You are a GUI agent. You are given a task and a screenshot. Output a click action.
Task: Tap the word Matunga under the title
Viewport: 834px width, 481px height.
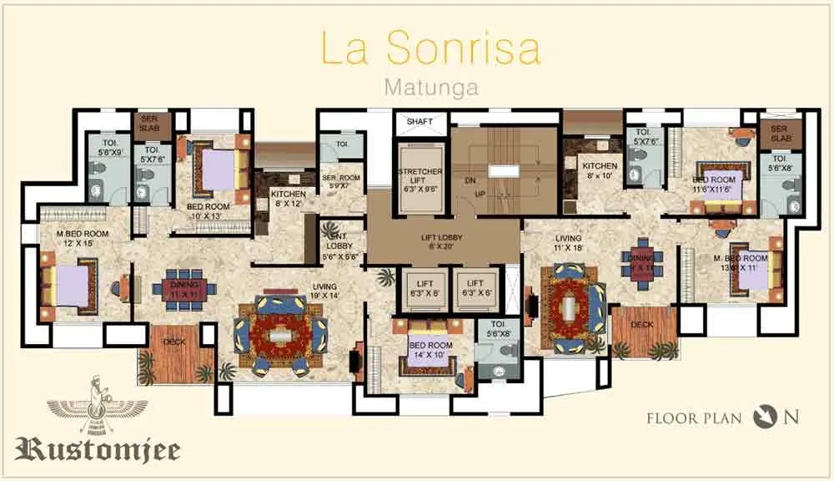pos(430,86)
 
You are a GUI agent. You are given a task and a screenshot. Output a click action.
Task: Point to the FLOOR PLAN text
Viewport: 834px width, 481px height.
pos(694,418)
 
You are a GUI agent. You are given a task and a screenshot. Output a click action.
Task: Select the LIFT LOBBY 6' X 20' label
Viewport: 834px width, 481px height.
pos(442,243)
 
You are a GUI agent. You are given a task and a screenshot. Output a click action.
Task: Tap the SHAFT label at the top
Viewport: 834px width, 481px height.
pos(420,122)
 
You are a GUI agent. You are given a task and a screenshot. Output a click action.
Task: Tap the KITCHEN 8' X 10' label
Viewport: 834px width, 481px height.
pos(600,171)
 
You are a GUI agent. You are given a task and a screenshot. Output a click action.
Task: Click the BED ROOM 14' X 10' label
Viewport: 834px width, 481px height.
pos(430,350)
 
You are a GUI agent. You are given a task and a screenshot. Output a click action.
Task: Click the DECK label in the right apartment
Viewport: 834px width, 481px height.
pos(642,324)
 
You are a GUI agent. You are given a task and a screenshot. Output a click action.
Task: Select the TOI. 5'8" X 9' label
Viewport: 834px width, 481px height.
pos(111,148)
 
